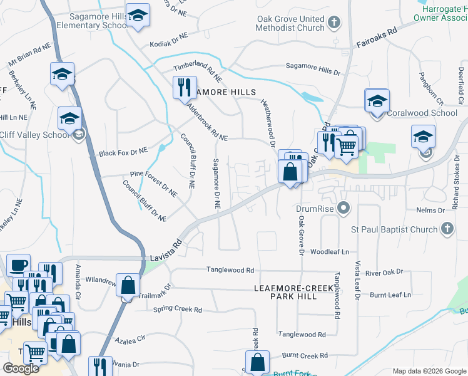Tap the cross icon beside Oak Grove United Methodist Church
click(x=334, y=23)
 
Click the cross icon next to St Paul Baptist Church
click(x=447, y=229)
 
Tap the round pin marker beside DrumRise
click(x=342, y=207)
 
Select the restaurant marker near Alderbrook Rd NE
click(x=185, y=87)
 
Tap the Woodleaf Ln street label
click(x=329, y=251)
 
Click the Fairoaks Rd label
click(x=377, y=38)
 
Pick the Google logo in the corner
click(x=21, y=368)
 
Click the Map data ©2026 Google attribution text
click(x=429, y=371)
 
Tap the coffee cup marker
click(x=18, y=266)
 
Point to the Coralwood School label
click(x=422, y=113)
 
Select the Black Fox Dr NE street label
click(x=123, y=152)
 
